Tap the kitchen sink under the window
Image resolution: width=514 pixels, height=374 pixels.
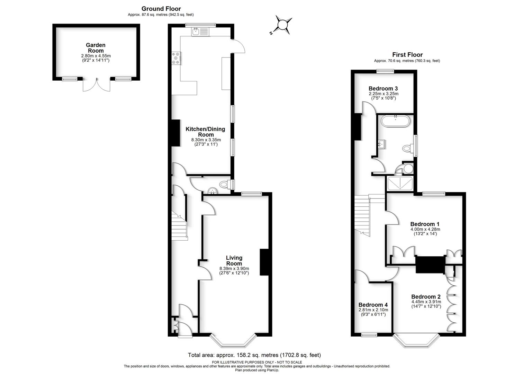coord(200,32)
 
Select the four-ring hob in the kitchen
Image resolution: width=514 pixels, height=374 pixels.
coord(176,58)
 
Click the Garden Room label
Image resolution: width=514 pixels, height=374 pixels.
coord(96,48)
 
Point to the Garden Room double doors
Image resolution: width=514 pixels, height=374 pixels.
coord(96,84)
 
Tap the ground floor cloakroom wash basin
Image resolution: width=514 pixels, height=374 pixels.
coord(212,190)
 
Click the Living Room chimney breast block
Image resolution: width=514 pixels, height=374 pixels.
coord(264,262)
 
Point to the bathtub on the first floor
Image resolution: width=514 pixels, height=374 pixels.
coord(395,121)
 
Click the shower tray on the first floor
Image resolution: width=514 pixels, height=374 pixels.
coord(400,184)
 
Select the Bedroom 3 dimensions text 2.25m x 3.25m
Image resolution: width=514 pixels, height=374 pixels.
coord(384,93)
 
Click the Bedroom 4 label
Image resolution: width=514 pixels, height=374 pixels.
coord(373,305)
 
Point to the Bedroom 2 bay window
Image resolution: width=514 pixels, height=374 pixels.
coord(416,341)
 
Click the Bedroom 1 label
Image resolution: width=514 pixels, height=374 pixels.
coord(425,224)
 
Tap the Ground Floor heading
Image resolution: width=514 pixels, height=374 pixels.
coord(161,9)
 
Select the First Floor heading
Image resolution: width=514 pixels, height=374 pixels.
coord(407,55)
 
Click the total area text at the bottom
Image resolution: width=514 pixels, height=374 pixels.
coord(254,355)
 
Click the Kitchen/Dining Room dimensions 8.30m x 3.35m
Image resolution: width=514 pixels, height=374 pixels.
coord(206,140)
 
